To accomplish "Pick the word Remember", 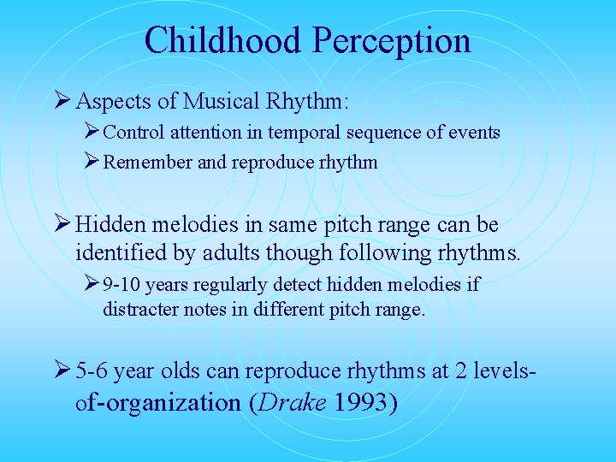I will click(147, 163).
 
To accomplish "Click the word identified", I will click(117, 254).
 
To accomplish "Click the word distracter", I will click(140, 309).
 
